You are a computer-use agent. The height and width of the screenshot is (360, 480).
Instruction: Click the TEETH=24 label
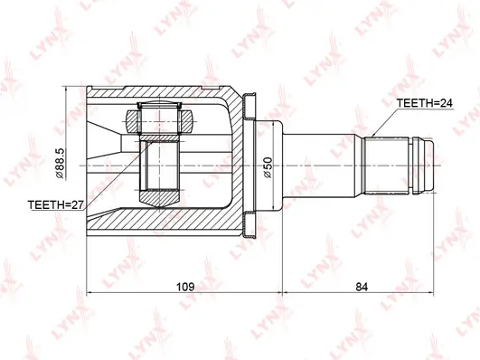click(x=424, y=103)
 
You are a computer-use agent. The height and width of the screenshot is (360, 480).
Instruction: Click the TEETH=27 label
click(x=55, y=204)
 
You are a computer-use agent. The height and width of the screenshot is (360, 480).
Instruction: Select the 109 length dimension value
click(x=185, y=287)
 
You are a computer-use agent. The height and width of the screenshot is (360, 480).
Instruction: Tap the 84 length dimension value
click(x=362, y=287)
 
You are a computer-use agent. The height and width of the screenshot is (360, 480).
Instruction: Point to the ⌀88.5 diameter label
click(x=60, y=164)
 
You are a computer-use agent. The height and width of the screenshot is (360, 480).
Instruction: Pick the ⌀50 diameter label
click(x=268, y=167)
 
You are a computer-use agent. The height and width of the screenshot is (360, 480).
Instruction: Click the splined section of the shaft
click(x=386, y=166)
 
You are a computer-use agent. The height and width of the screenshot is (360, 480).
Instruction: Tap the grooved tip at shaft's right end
click(x=423, y=166)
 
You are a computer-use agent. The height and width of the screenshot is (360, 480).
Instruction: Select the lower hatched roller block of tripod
click(x=159, y=199)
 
